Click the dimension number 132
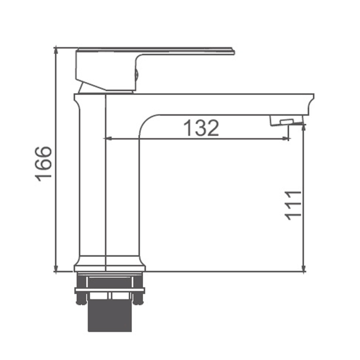point(201,128)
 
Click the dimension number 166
point(43,163)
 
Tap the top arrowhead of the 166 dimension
point(56,51)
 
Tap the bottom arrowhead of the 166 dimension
point(56,268)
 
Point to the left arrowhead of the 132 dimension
point(108,139)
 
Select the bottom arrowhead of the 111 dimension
point(304,268)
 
